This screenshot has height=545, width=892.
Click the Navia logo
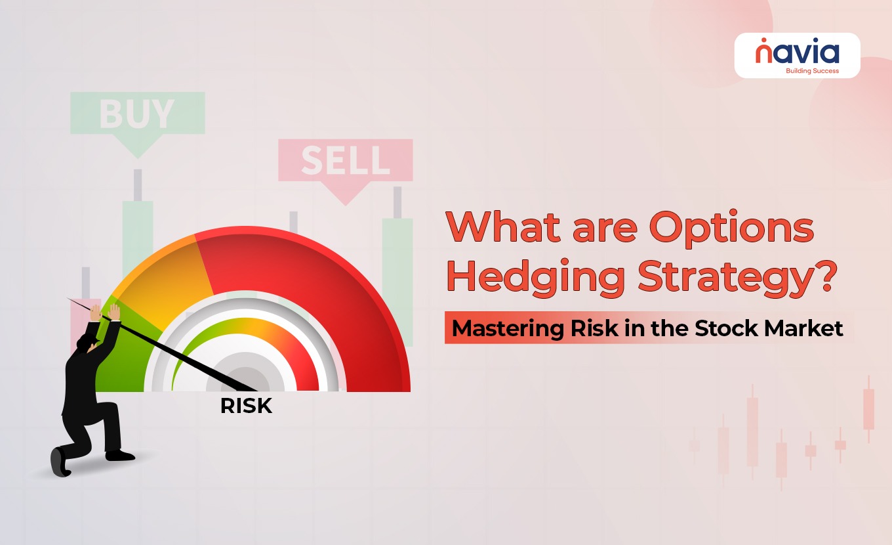(798, 55)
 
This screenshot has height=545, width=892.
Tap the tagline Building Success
(813, 71)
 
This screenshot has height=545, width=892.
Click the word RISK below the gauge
(246, 406)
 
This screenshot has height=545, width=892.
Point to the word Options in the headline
(731, 228)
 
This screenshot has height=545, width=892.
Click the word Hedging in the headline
(536, 278)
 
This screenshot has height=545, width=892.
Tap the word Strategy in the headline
(724, 278)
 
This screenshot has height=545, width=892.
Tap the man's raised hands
(105, 312)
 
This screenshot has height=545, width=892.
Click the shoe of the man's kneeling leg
(60, 462)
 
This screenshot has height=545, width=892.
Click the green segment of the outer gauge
(123, 351)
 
